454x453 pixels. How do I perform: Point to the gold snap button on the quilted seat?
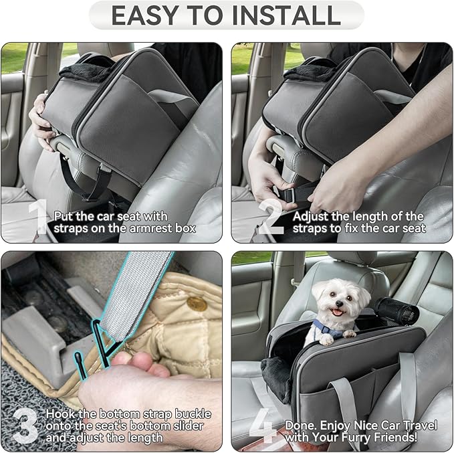197,303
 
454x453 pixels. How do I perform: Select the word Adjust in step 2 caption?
315,216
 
